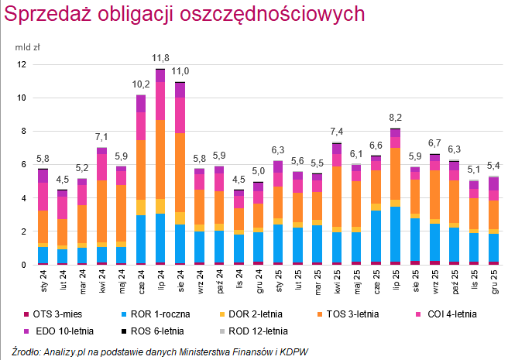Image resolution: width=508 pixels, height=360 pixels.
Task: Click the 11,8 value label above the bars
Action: click(x=160, y=58)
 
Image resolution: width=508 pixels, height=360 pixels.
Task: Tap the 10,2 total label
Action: click(x=141, y=84)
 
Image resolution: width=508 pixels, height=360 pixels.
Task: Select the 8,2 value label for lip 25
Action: click(x=396, y=118)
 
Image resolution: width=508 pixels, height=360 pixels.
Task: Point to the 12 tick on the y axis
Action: click(x=22, y=65)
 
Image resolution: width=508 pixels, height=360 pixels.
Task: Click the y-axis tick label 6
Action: click(x=24, y=165)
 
